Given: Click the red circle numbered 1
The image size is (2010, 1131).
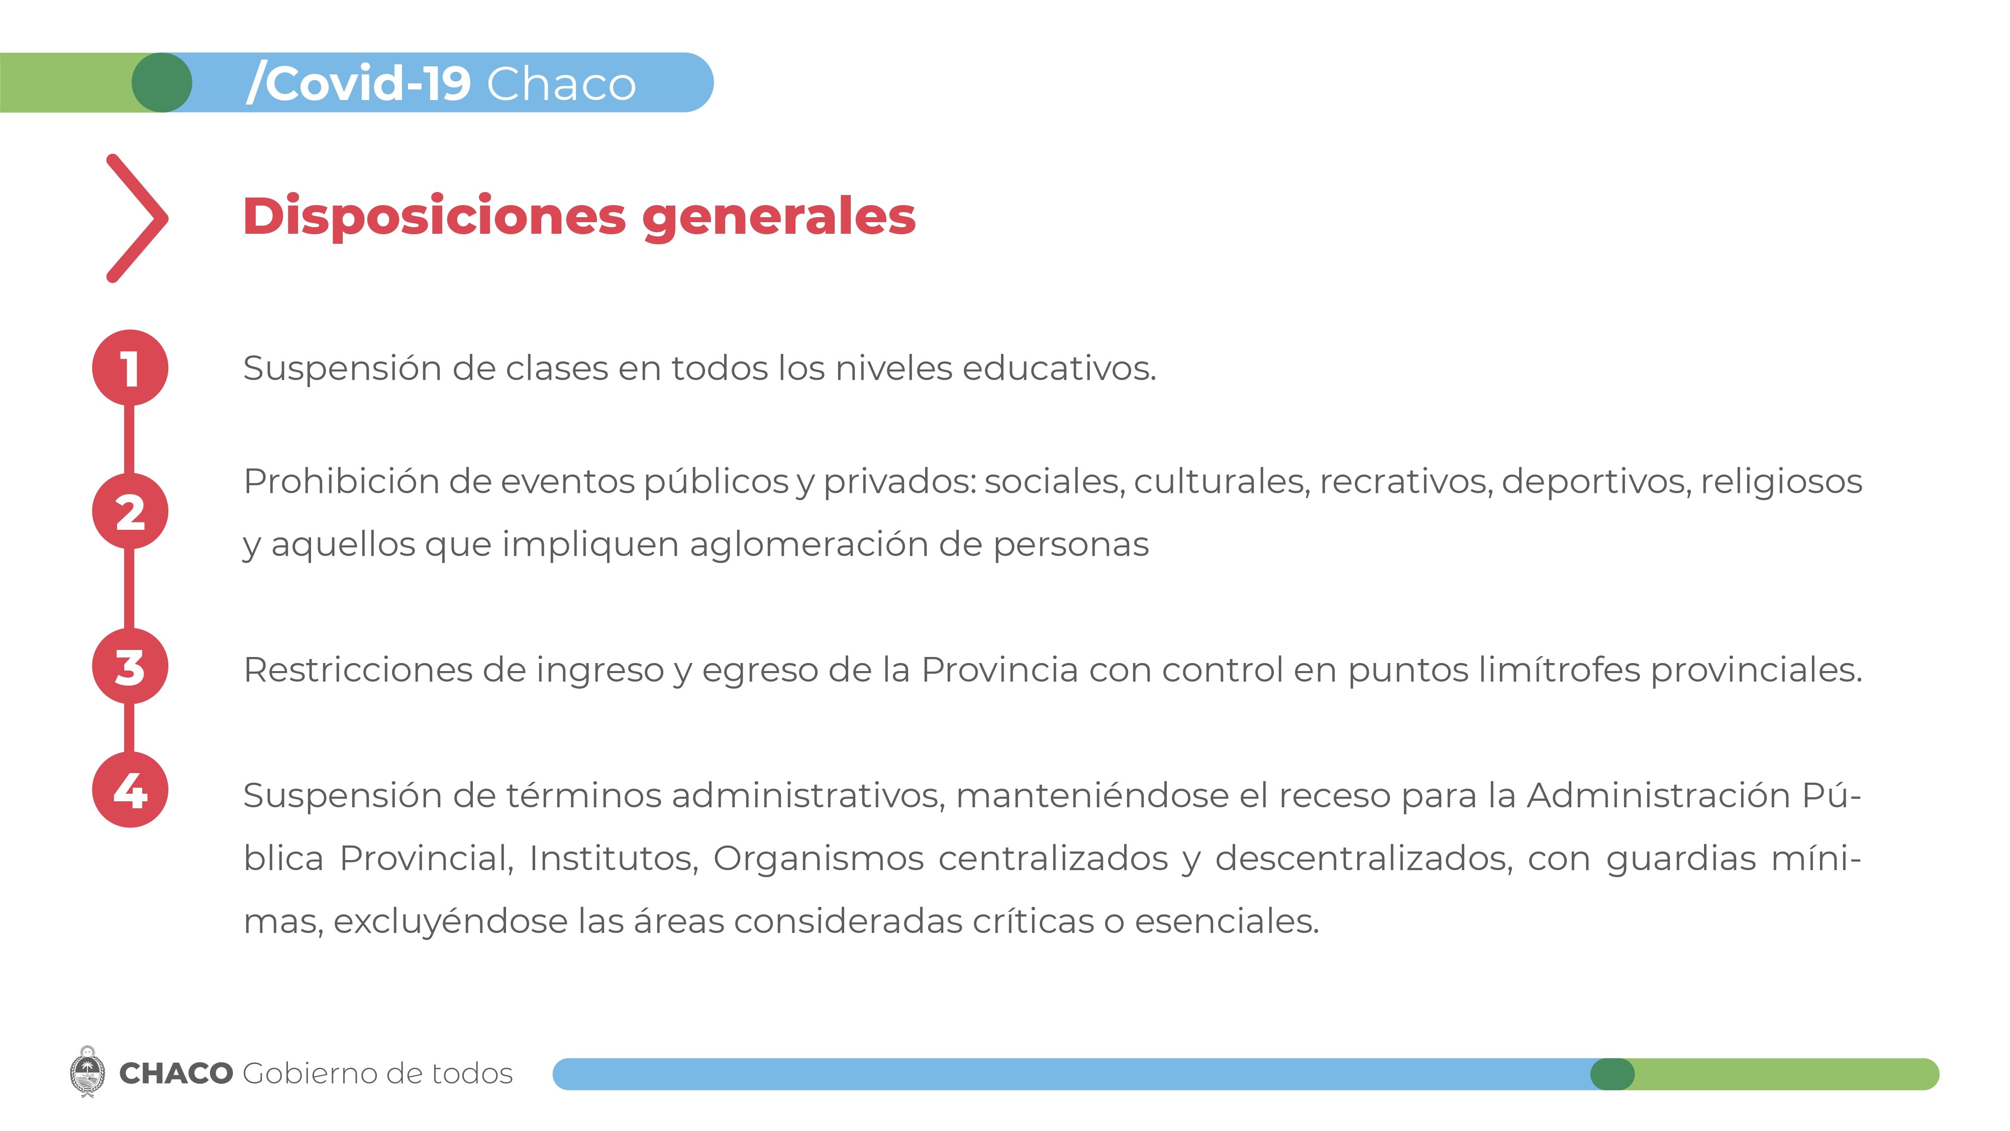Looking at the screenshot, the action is pos(130,367).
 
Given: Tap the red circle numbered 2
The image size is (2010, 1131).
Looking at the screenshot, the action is pos(130,511).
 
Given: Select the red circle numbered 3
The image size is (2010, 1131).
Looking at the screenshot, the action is pos(130,667).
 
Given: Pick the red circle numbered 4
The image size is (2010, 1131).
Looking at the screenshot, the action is pos(130,790).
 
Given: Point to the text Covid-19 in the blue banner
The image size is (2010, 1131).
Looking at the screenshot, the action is pos(359,83).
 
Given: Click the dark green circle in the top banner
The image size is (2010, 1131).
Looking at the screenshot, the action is pos(161,83).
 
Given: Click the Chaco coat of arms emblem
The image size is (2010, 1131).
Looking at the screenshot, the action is pos(87,1073).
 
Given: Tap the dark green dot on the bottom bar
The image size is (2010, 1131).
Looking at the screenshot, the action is pos(1612,1074).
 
